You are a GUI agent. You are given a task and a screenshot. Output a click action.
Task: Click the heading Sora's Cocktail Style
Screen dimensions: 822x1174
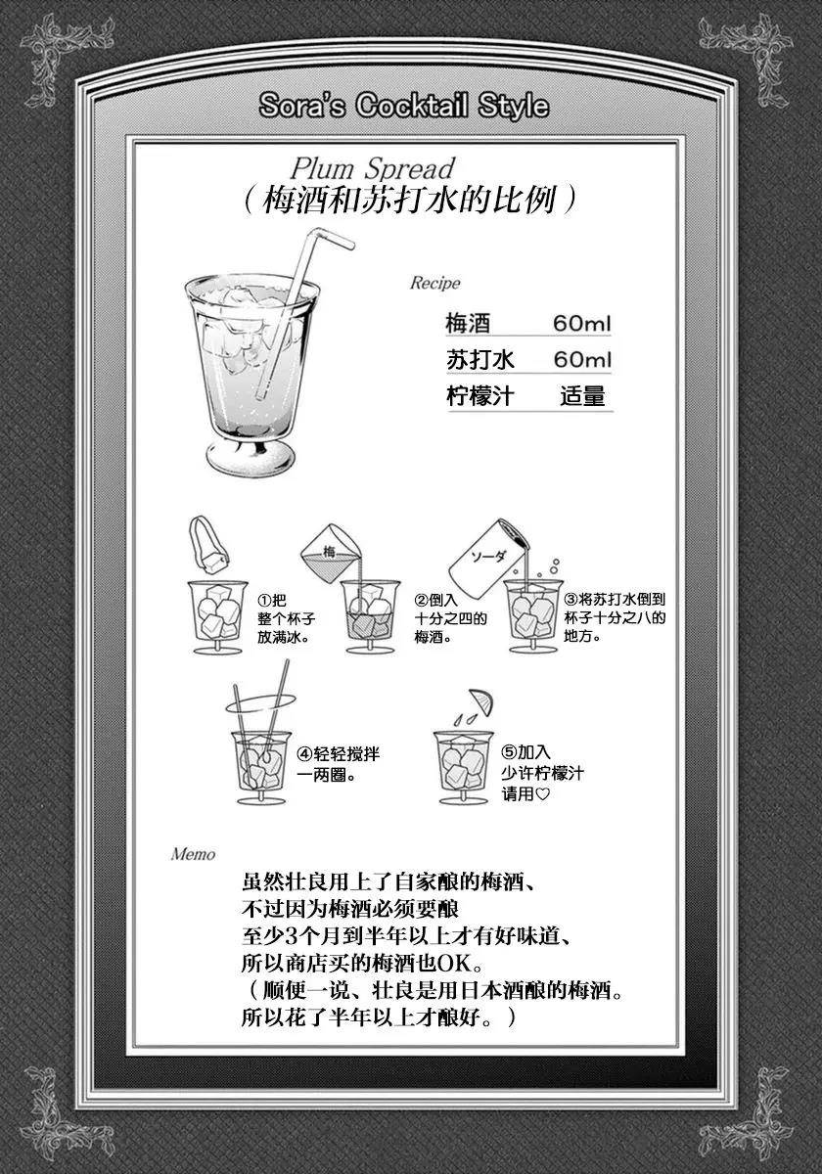tap(404, 107)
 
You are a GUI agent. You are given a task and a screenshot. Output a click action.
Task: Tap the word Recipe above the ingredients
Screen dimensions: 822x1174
tap(434, 283)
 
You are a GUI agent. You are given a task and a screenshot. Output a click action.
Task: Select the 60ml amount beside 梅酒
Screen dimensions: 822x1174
tap(582, 324)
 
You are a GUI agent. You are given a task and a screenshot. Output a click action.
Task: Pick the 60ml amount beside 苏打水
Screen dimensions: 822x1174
tap(582, 360)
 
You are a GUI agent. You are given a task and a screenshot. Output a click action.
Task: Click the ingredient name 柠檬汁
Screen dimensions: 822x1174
tap(479, 396)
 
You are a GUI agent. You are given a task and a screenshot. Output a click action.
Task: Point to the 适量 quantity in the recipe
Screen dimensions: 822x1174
tap(582, 396)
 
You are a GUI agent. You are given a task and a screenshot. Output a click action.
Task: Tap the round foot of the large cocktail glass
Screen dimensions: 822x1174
tap(251, 458)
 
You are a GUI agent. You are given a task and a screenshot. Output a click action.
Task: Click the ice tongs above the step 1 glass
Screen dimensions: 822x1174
tap(208, 544)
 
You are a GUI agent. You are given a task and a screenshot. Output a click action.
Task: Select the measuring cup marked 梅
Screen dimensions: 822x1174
tap(331, 554)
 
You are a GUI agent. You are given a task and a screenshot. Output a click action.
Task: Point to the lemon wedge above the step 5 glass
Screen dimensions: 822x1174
tap(481, 701)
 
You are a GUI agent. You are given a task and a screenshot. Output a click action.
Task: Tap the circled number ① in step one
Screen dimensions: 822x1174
tap(264, 600)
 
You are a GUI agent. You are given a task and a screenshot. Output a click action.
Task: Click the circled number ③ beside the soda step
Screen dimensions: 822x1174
tap(571, 599)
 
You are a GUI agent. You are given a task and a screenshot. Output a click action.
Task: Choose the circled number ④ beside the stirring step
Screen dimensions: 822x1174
tap(304, 754)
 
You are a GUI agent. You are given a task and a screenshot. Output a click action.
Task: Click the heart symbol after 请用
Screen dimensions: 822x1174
tap(542, 794)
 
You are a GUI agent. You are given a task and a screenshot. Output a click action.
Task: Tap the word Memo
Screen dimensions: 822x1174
tap(193, 855)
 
